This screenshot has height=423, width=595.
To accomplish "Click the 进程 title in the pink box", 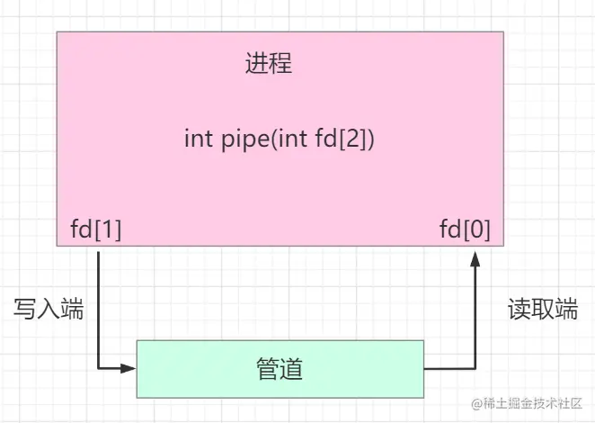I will (x=269, y=65).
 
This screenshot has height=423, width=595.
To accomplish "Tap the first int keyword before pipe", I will (x=198, y=139).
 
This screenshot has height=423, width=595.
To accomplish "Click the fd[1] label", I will (x=96, y=229).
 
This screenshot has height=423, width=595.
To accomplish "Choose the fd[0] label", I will (x=465, y=229).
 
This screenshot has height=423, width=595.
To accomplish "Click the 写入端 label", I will (x=49, y=310).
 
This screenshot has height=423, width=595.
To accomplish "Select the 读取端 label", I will (x=542, y=310).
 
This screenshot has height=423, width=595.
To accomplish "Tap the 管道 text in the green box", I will (x=280, y=368).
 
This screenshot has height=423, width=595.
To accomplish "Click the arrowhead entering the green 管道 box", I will (x=129, y=368).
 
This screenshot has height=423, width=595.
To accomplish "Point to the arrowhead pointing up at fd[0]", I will (x=475, y=259).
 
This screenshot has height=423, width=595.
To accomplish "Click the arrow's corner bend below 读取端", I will (x=475, y=368).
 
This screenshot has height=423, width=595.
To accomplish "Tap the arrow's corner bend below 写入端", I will (x=98, y=368).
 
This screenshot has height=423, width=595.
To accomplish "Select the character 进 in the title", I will (x=257, y=65).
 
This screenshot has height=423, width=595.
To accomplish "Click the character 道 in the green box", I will (x=291, y=368).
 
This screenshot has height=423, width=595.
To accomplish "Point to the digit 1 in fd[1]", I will (x=108, y=229).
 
